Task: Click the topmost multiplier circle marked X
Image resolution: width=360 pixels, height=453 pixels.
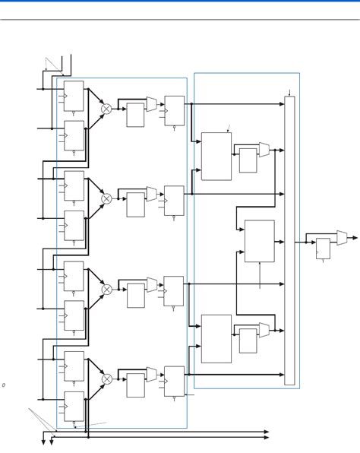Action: tap(106, 109)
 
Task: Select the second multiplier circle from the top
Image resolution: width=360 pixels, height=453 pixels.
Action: tap(106, 198)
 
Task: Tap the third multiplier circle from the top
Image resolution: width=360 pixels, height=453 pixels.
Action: tap(106, 290)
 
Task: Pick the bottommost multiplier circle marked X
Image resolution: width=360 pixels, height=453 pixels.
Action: tap(106, 379)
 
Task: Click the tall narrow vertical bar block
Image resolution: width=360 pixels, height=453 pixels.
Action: tap(289, 240)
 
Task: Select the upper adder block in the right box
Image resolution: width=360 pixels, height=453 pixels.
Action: tap(216, 156)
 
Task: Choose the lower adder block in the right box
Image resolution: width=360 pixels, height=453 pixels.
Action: tap(216, 338)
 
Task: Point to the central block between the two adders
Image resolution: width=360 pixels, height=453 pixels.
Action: tap(260, 241)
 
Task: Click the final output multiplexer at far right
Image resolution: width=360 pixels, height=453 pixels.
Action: tap(343, 238)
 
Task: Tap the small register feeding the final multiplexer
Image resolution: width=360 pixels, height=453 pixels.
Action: tap(323, 249)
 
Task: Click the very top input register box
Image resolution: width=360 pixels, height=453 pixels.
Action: tap(74, 96)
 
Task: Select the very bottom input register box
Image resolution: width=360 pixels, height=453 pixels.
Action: tap(74, 406)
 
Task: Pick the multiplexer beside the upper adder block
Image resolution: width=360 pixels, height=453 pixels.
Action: tap(264, 149)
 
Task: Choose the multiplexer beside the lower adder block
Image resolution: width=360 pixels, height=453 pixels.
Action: tap(264, 330)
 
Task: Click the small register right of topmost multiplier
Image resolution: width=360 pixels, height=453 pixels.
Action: tap(135, 115)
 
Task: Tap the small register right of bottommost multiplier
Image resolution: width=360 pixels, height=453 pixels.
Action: tap(135, 385)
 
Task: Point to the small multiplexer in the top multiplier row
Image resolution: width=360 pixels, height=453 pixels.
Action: tap(152, 103)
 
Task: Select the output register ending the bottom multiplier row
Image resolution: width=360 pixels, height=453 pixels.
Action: tap(174, 381)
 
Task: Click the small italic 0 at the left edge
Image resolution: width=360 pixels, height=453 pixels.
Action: tap(3, 385)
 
